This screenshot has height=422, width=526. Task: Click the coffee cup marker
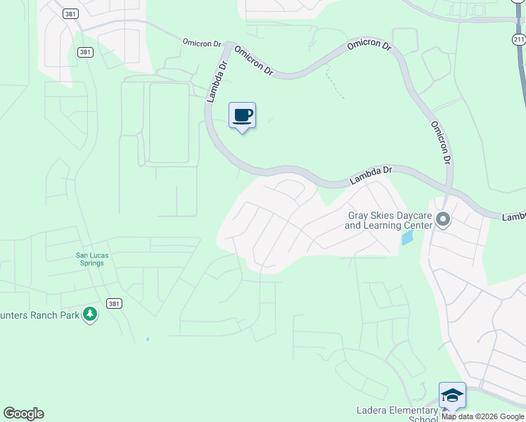pyautogui.click(x=242, y=116)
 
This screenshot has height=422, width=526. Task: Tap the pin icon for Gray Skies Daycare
pyautogui.click(x=443, y=221)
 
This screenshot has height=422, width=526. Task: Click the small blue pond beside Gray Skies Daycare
pyautogui.click(x=407, y=238)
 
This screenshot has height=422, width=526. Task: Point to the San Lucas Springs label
pyautogui.click(x=90, y=260)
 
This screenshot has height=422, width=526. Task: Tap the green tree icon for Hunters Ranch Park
pyautogui.click(x=89, y=314)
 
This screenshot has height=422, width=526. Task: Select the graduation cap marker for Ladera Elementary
pyautogui.click(x=451, y=395)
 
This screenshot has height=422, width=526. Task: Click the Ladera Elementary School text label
pyautogui.click(x=397, y=414)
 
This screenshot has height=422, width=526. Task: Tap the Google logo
pyautogui.click(x=23, y=414)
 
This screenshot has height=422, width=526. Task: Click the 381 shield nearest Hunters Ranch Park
pyautogui.click(x=114, y=303)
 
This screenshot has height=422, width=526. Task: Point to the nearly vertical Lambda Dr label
pyautogui.click(x=217, y=82)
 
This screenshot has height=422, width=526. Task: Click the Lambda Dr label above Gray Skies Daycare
pyautogui.click(x=370, y=176)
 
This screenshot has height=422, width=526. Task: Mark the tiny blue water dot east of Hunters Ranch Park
pyautogui.click(x=148, y=339)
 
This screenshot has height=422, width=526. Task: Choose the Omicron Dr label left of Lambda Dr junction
pyautogui.click(x=202, y=42)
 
